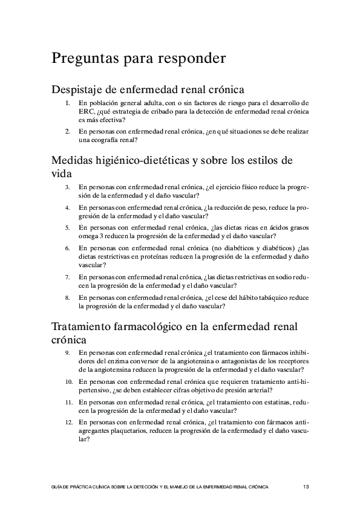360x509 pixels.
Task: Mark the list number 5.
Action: click(68, 228)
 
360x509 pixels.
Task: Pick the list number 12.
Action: click(68, 423)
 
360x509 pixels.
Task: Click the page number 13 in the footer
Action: click(306, 486)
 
